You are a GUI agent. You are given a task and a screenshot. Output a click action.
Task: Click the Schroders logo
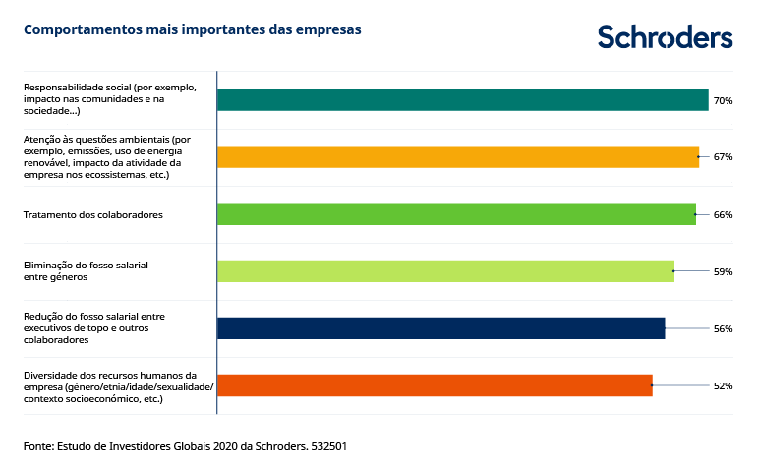(x=665, y=36)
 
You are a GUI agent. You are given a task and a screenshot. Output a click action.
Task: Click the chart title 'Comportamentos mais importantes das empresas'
(x=192, y=29)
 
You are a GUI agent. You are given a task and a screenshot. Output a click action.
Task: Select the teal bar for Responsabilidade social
(x=462, y=99)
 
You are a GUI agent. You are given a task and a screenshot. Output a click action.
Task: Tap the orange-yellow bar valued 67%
(x=457, y=156)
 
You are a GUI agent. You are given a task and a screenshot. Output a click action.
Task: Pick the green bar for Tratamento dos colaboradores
(x=455, y=214)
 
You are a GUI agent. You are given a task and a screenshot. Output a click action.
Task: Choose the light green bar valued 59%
(x=445, y=271)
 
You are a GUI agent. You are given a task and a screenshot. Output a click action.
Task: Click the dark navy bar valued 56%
(x=440, y=328)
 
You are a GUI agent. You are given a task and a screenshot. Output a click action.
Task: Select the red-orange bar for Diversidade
(x=435, y=385)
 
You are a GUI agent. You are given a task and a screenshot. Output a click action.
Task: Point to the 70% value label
(x=723, y=100)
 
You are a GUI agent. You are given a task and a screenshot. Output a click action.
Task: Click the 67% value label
(x=723, y=157)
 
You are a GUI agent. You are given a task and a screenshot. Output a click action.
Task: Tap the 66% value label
(x=723, y=214)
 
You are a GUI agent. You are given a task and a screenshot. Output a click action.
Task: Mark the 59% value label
(x=723, y=271)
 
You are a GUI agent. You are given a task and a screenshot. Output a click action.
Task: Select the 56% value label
(x=723, y=328)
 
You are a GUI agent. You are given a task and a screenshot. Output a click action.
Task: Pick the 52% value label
(x=723, y=385)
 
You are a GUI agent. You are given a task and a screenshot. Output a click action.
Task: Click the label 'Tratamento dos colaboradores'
(x=92, y=214)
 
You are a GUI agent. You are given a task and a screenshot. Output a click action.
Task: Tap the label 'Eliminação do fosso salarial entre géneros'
(x=86, y=271)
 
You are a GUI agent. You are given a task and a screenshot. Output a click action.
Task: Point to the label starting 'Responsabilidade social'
(x=109, y=99)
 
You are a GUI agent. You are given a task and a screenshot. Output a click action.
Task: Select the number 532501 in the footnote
(x=327, y=446)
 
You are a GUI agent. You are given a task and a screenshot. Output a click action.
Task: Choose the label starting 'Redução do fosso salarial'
(x=94, y=328)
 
